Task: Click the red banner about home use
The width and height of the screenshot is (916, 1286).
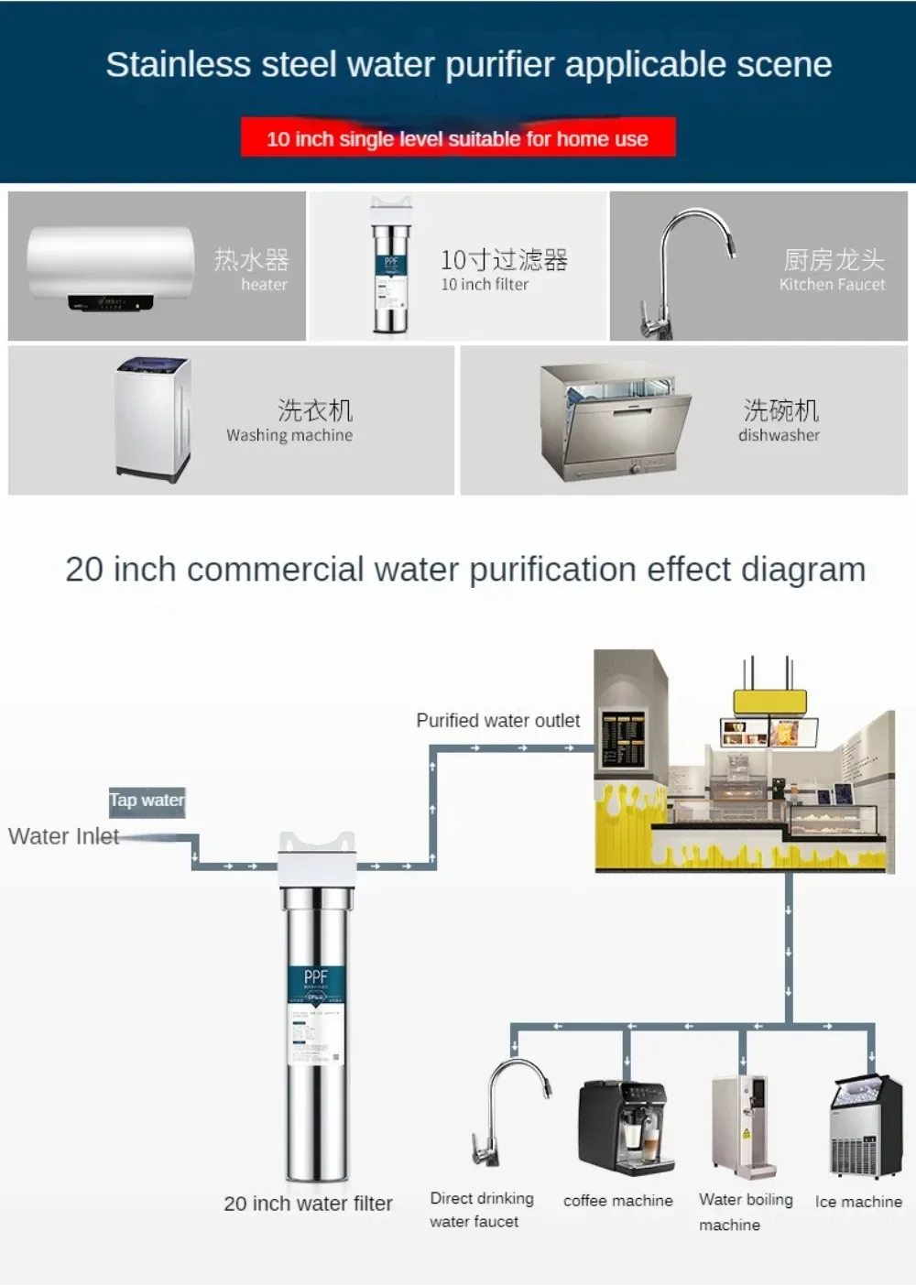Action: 458,138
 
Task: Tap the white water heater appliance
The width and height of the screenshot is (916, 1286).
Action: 110,267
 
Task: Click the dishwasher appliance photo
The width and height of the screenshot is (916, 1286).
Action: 614,421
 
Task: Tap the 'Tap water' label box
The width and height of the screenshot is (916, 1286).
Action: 147,801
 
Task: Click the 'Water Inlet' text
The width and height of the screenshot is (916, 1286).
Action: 63,836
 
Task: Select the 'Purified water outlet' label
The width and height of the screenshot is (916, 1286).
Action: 497,721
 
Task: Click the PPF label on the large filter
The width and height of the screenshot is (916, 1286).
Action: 315,977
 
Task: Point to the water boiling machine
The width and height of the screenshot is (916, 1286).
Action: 744,1127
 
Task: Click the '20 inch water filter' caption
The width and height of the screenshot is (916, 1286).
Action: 308,1204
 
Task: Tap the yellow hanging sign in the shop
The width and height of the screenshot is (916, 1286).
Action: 769,703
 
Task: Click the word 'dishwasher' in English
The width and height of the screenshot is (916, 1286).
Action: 779,435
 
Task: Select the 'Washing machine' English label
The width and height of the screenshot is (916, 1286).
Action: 289,435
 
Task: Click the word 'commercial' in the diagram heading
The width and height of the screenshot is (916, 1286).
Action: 275,570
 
